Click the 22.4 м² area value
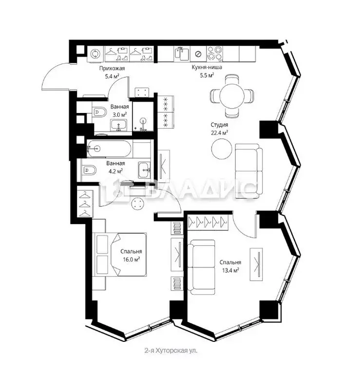tap(219, 132)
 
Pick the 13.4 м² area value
tap(229, 269)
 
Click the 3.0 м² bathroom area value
tap(119, 114)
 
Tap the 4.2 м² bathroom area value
tap(115, 171)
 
